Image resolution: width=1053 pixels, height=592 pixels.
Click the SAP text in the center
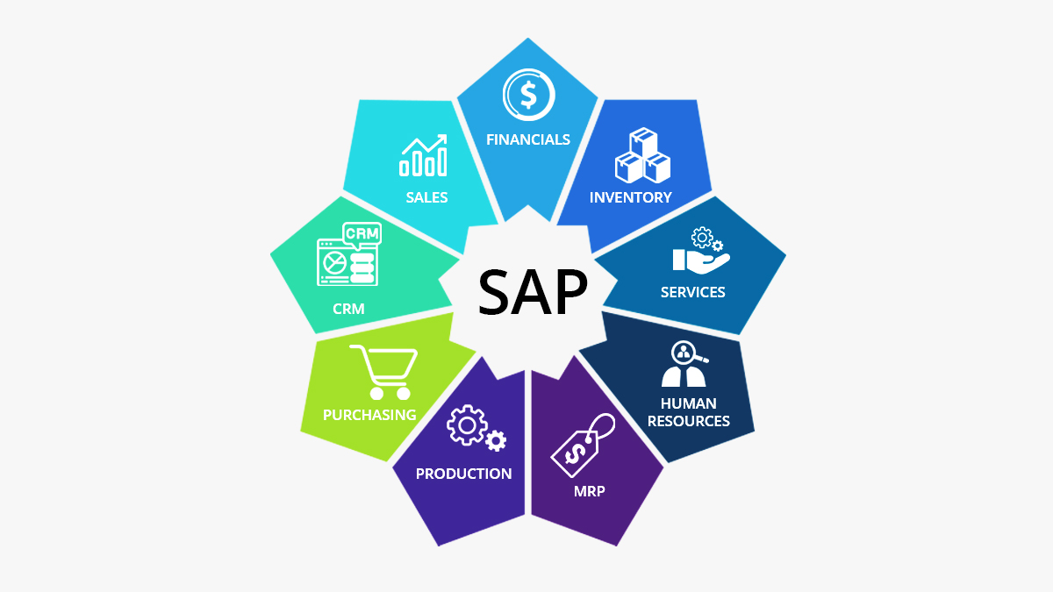pos(533,292)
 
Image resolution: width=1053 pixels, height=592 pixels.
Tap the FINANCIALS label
pos(528,139)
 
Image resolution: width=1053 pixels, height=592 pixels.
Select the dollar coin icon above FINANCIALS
pos(529,95)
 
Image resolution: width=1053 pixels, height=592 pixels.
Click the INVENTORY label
pos(630,197)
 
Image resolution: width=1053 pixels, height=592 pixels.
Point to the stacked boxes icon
pos(642,155)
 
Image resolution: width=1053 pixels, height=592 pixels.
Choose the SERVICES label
pos(693,292)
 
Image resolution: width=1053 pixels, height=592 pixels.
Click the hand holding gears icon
pos(701,251)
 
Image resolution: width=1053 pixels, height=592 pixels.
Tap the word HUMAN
pos(689,403)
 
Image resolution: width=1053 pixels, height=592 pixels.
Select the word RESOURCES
pos(689,421)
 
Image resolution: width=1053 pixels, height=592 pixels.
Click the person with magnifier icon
pos(684,364)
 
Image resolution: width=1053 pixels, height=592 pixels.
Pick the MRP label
pos(590,491)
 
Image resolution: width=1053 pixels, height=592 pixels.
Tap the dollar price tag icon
pos(583,445)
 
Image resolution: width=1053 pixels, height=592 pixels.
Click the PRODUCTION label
pos(463,474)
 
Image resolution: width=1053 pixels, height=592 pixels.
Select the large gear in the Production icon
pos(467,425)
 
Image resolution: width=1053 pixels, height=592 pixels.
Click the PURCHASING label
pos(369,415)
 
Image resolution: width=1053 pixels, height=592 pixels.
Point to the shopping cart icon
pos(384,372)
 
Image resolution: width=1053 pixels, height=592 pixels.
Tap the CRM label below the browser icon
pos(348,309)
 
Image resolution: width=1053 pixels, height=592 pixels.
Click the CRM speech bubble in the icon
pos(362,234)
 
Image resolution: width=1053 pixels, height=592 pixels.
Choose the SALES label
pos(426,197)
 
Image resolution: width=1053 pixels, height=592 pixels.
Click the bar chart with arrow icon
pos(423,155)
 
